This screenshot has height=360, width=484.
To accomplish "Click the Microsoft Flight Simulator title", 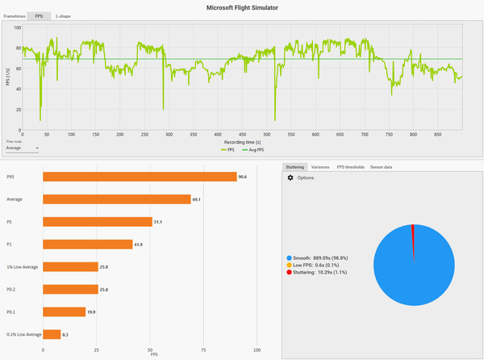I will click(x=241, y=6).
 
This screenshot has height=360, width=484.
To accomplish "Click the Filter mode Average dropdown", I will click(x=22, y=148).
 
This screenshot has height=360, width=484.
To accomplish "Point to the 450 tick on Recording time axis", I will click(x=242, y=134).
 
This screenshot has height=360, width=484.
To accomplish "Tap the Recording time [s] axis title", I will click(x=242, y=141).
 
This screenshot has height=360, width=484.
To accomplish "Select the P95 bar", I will click(x=139, y=176).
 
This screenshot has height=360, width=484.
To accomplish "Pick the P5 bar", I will click(x=97, y=221).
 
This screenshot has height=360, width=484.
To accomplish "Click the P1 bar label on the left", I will click(x=10, y=244).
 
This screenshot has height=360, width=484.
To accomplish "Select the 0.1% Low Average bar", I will click(x=52, y=333).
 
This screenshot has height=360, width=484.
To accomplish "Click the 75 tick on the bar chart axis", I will click(x=203, y=350).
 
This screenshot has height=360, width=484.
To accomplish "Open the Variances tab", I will click(x=319, y=167).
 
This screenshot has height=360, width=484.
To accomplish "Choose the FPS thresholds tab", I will click(x=351, y=167).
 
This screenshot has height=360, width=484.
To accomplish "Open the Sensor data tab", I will click(x=382, y=167).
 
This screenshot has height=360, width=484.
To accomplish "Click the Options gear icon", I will click(x=290, y=178).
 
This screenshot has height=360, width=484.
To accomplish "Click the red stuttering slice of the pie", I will click(x=412, y=229).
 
